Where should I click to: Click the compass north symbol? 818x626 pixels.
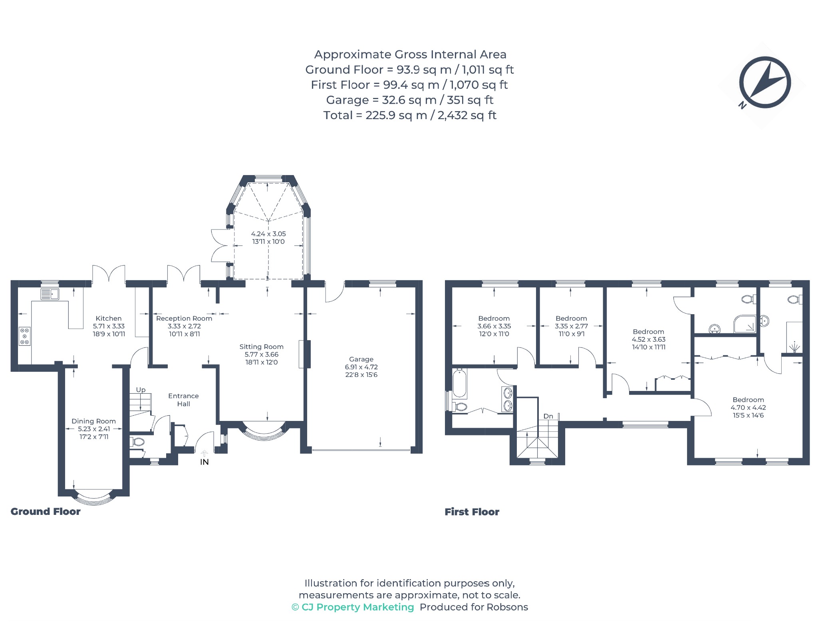click(x=764, y=83)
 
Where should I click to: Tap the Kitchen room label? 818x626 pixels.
click(x=109, y=319)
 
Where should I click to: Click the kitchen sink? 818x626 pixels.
click(x=50, y=294)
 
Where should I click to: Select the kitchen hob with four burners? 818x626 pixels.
click(x=25, y=336)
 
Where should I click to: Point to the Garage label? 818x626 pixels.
click(x=361, y=359)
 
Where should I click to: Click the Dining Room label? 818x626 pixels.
click(x=93, y=421)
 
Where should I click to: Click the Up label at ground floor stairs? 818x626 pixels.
click(x=141, y=390)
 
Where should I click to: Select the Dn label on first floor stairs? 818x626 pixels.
click(x=548, y=416)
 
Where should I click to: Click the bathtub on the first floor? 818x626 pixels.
click(x=460, y=383)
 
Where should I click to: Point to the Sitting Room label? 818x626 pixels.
click(x=261, y=347)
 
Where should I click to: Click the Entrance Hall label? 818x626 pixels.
click(x=183, y=400)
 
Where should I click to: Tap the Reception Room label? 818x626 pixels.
click(x=184, y=319)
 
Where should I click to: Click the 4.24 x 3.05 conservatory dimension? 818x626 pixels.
click(x=268, y=234)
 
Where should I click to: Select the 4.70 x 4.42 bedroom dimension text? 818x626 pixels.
click(x=748, y=408)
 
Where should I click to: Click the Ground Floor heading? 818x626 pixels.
click(x=46, y=512)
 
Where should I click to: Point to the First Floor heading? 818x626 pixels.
click(x=472, y=512)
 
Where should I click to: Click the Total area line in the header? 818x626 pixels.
click(x=410, y=116)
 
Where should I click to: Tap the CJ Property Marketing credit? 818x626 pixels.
click(x=353, y=607)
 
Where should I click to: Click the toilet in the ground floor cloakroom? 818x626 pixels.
click(x=137, y=442)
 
